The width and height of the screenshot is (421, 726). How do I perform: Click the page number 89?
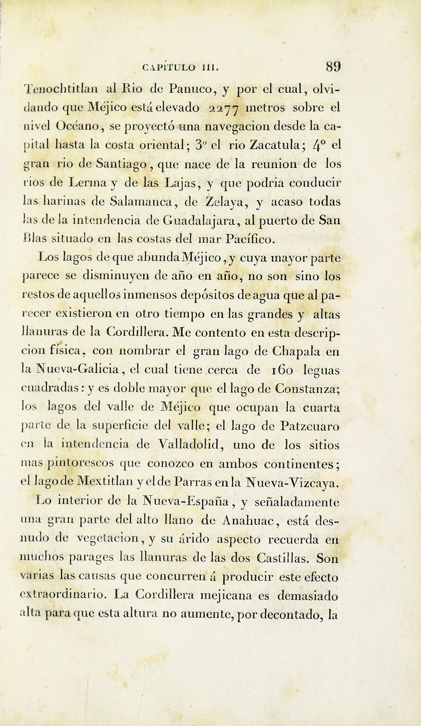coord(333,67)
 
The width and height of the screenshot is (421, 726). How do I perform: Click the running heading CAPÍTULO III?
coord(181,68)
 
